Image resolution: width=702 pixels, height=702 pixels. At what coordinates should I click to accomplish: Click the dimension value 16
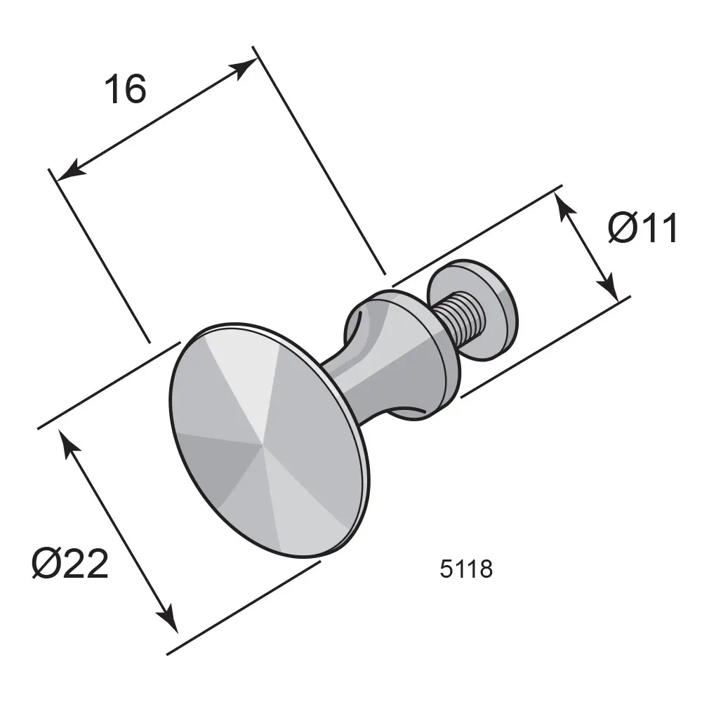tap(126, 88)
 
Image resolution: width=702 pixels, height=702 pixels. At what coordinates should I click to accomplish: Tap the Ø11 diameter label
tap(642, 228)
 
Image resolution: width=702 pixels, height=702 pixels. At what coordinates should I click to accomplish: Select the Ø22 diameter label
tap(70, 563)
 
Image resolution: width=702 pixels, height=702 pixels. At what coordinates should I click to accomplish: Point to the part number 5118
tap(466, 569)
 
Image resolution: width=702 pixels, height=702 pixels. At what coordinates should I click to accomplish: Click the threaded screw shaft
tap(459, 315)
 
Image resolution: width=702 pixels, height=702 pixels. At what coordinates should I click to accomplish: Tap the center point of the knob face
tap(261, 446)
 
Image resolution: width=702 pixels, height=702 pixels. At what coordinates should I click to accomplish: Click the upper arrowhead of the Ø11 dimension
tap(564, 207)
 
